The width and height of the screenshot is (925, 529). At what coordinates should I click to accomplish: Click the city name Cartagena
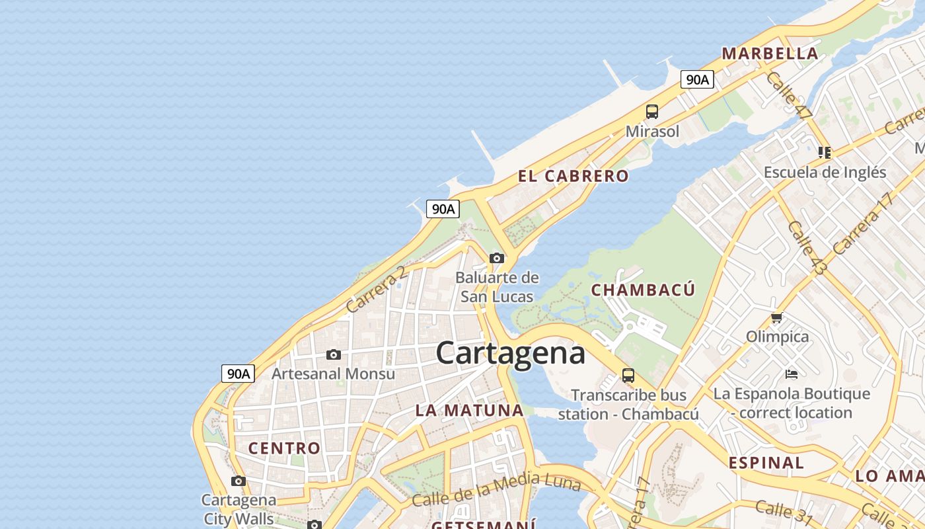510,353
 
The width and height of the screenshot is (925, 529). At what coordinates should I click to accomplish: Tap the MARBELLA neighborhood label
770,54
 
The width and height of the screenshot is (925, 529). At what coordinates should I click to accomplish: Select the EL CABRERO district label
573,176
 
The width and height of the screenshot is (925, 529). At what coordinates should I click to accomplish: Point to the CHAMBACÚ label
643,290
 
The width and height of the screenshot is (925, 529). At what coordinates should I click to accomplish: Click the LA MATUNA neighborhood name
469,410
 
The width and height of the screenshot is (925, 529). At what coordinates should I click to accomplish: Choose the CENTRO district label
284,448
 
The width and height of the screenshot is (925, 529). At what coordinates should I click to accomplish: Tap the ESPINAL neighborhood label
766,462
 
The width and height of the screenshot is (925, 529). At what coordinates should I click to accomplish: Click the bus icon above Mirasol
652,111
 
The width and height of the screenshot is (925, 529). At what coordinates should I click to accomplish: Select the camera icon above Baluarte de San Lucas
497,258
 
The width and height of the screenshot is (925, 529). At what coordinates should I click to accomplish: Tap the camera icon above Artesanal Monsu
334,355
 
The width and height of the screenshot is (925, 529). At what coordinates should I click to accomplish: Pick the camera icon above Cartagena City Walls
239,481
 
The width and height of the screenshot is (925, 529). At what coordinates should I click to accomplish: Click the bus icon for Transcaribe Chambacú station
628,376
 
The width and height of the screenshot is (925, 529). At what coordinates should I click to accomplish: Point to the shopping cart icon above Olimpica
777,317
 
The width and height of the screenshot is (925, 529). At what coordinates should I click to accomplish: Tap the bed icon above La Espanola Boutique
792,374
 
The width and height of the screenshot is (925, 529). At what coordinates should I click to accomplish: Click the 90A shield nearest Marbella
697,80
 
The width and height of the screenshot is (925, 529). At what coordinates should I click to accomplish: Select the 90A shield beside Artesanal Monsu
238,374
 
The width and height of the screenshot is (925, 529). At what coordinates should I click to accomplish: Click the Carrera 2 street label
375,290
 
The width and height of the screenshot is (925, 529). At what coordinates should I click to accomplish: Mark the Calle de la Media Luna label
496,489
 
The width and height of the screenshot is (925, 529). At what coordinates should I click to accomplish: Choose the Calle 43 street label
807,248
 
